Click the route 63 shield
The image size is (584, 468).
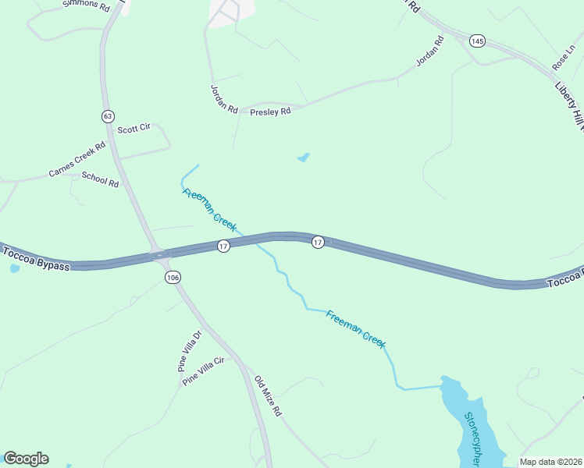[x=108, y=116]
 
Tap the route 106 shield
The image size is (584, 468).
[x=173, y=278]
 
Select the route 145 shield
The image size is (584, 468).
[x=475, y=40]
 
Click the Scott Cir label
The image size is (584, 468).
[x=134, y=128]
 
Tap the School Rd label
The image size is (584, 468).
[x=100, y=179]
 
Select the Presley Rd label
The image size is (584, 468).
[x=270, y=112]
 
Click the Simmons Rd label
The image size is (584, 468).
[x=86, y=5]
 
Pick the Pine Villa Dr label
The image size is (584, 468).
[x=189, y=350]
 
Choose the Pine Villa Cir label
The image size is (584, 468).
[x=203, y=371]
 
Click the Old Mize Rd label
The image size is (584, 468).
[x=267, y=396]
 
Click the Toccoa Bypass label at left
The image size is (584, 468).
[x=35, y=259]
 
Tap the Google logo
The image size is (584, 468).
[x=26, y=459]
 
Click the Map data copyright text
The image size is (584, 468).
[x=550, y=462]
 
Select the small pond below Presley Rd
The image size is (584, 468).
[x=304, y=158]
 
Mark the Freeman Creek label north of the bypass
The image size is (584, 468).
[x=210, y=210]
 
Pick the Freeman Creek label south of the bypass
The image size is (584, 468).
[x=356, y=328]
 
